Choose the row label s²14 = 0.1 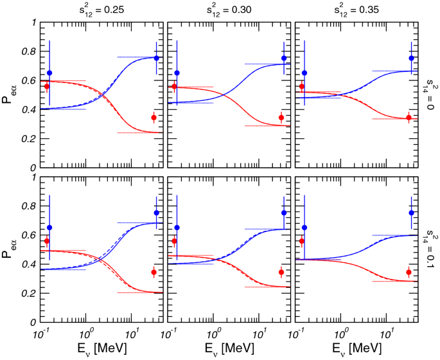point(429,249)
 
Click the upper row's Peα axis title point(9,94)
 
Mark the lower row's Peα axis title point(9,249)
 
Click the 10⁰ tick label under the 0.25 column point(86,333)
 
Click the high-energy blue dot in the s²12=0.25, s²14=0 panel point(156,58)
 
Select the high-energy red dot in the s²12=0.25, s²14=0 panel point(154,118)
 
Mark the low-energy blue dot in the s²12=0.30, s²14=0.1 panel point(177,228)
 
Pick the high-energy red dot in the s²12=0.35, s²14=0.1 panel point(409,273)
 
